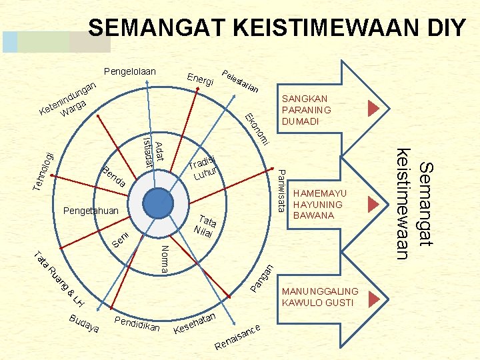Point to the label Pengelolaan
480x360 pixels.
tap(129, 71)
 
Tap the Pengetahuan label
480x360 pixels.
tap(91, 211)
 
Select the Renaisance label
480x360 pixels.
tap(237, 337)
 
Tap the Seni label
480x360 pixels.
tap(119, 239)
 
